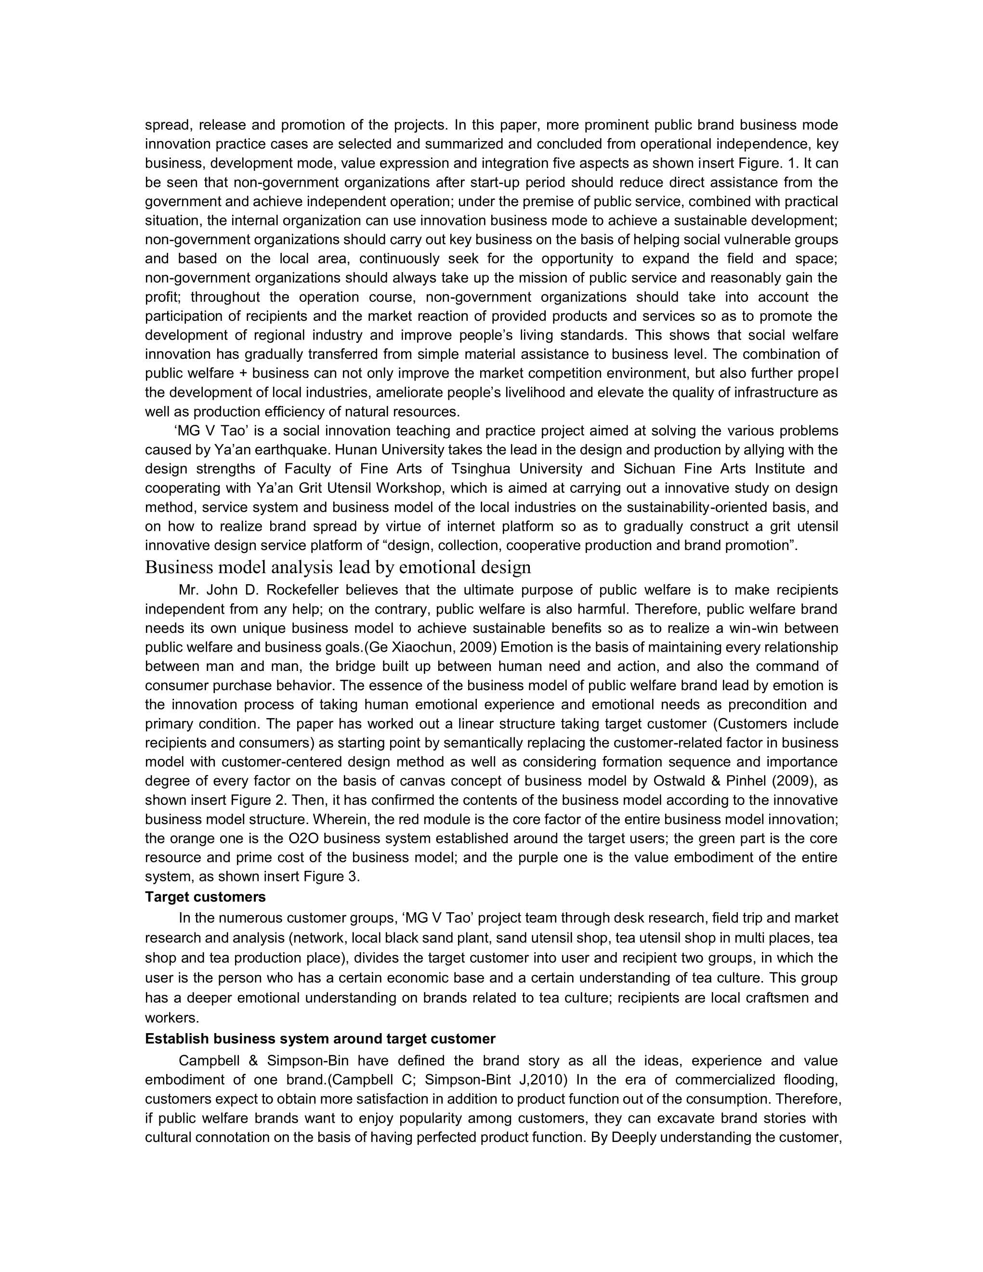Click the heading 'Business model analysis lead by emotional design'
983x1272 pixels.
click(338, 567)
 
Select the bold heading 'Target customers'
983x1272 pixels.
click(205, 897)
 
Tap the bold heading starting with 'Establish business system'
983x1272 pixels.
click(320, 1038)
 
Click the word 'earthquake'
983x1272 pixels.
click(293, 450)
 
